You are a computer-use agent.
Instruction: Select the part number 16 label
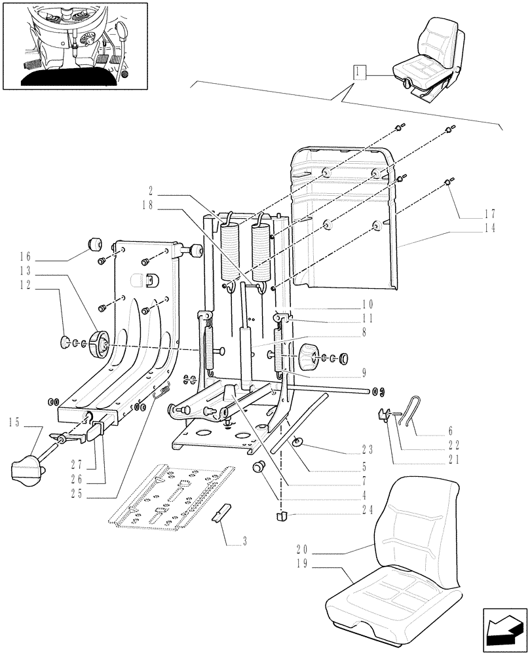tap(25, 257)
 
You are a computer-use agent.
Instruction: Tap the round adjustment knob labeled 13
tap(100, 343)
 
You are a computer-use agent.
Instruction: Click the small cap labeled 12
tap(64, 341)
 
